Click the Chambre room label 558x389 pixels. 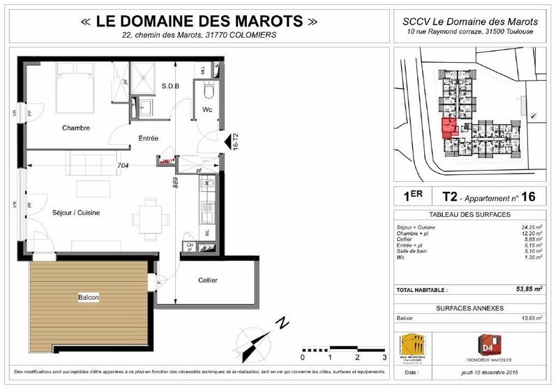click(76, 128)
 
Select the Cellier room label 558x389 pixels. click(207, 280)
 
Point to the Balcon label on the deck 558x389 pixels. click(88, 298)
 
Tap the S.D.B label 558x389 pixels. click(170, 86)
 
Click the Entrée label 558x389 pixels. click(149, 138)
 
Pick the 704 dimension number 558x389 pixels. click(123, 166)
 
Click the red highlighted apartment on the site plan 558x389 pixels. click(448, 128)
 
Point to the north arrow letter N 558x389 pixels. click(283, 323)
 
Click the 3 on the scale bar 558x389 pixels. click(384, 357)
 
